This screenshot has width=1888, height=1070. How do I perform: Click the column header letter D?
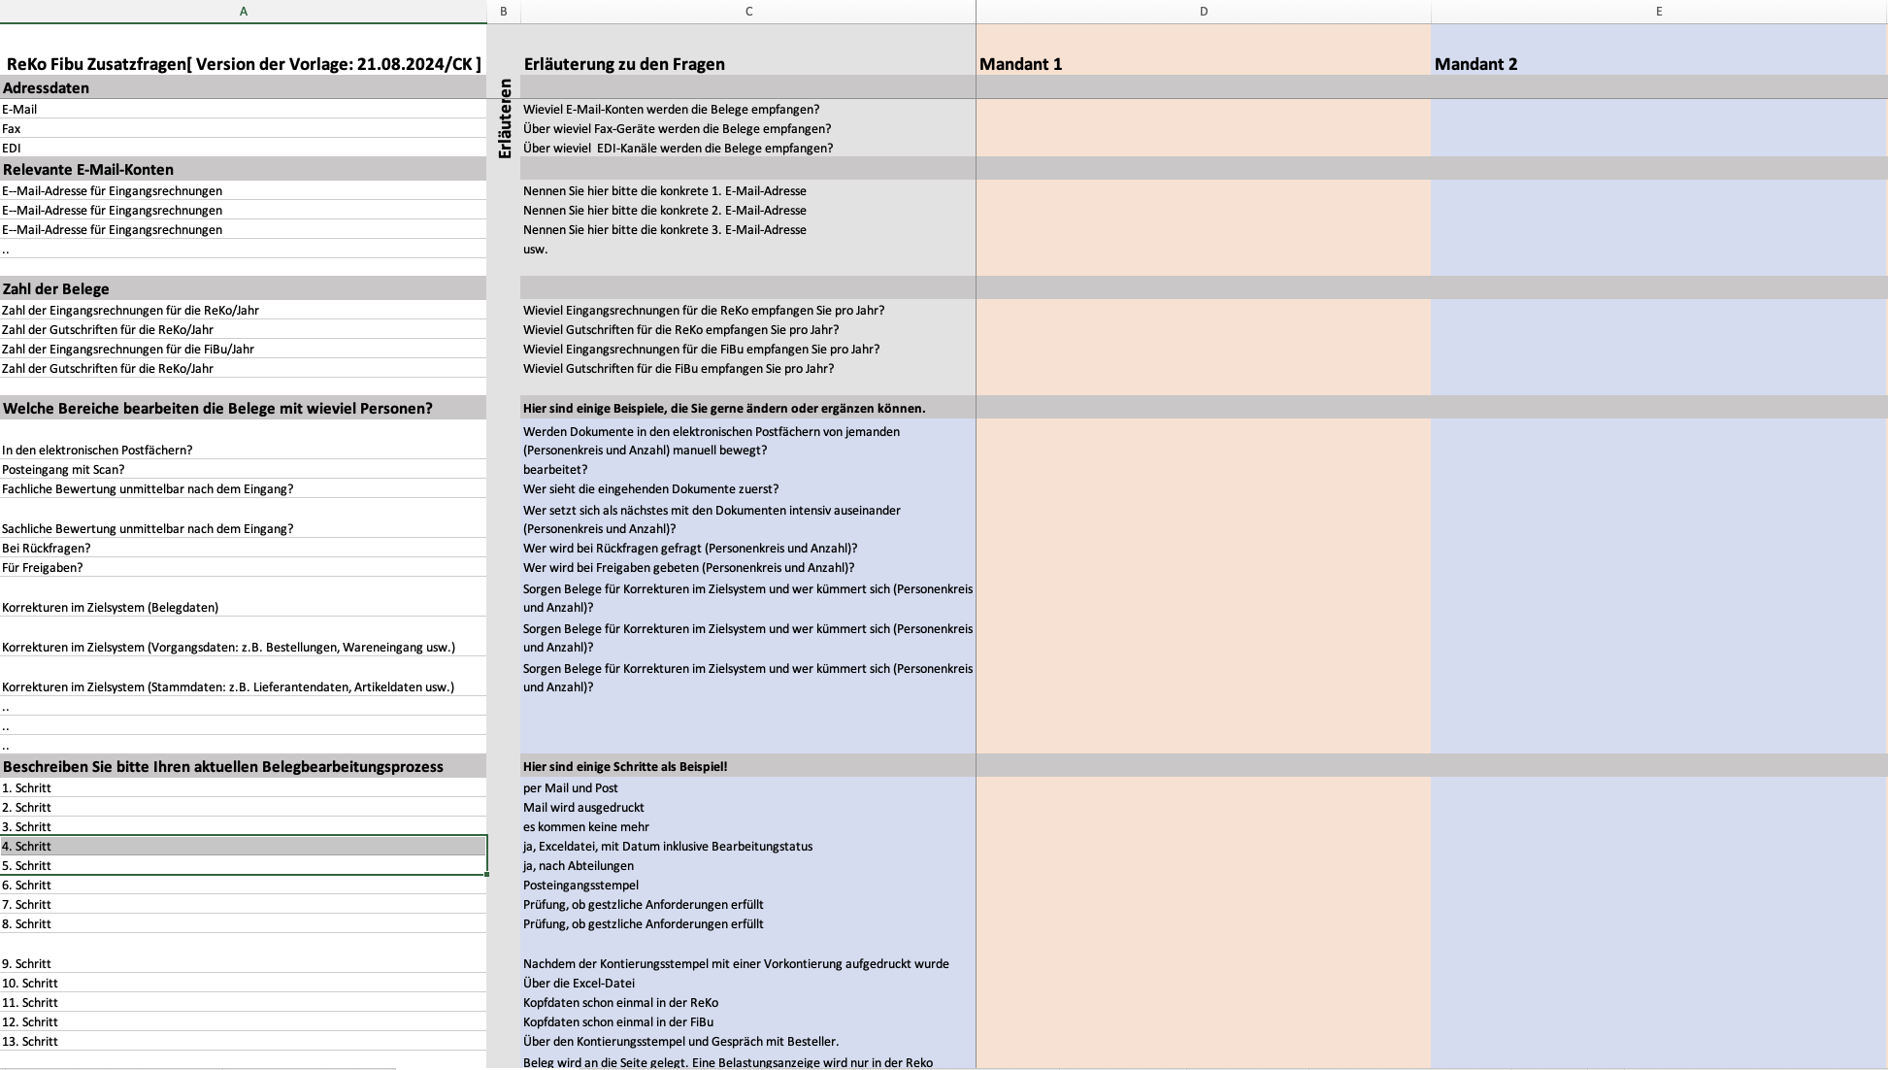(1203, 12)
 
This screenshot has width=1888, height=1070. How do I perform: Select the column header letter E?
(1658, 12)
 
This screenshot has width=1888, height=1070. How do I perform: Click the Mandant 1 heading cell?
(1021, 64)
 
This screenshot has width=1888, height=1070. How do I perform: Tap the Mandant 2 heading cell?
(1475, 64)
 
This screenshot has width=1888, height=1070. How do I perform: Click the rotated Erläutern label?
(504, 118)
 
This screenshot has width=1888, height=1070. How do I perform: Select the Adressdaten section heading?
(47, 87)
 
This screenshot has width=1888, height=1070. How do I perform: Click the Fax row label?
(12, 128)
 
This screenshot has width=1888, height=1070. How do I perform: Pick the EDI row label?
(12, 148)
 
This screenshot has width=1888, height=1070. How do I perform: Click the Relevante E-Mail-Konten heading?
(88, 169)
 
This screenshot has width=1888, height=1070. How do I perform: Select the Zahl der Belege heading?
(56, 288)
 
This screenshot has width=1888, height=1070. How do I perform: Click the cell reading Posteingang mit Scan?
(63, 469)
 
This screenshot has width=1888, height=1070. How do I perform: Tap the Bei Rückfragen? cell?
(47, 548)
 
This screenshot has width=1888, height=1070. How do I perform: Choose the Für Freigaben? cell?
(43, 567)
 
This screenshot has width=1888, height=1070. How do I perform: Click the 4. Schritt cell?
(27, 846)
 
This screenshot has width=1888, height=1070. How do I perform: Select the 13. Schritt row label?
(30, 1041)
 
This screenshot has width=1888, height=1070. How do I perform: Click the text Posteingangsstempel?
(580, 885)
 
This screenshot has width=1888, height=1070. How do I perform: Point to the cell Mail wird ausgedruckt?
(583, 807)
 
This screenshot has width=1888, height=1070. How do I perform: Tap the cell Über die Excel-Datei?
(579, 983)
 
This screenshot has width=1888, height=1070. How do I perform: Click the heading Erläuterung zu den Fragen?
(624, 64)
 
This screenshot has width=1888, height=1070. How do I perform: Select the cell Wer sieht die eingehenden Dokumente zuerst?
(650, 488)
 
